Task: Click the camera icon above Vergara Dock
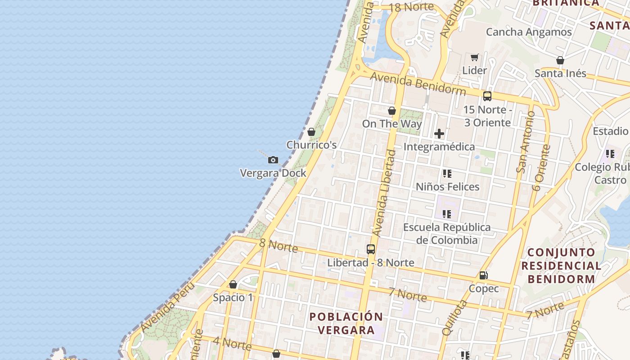click(273, 160)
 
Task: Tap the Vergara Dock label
click(273, 173)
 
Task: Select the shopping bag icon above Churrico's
click(311, 132)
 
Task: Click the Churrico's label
click(311, 145)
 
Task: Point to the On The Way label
click(392, 124)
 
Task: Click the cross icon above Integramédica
click(439, 134)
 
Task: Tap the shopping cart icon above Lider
click(474, 57)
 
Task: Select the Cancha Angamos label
click(529, 32)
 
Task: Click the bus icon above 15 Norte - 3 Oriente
click(487, 96)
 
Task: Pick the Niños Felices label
click(447, 186)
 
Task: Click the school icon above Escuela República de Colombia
click(446, 214)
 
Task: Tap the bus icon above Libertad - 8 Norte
click(371, 249)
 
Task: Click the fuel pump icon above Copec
click(483, 275)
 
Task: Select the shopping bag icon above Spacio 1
click(233, 284)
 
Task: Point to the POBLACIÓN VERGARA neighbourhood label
click(346, 323)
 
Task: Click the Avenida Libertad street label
click(384, 193)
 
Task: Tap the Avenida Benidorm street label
click(418, 84)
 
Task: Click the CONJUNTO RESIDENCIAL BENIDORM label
click(561, 265)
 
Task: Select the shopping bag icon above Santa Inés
click(560, 60)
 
